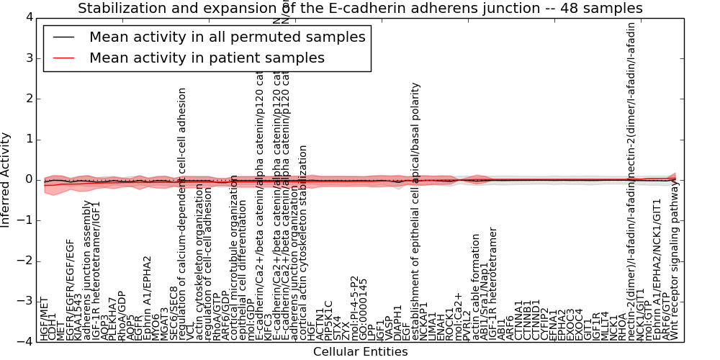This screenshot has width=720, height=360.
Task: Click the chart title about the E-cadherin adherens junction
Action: coord(360,9)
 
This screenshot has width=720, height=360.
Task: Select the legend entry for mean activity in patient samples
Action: coord(207,58)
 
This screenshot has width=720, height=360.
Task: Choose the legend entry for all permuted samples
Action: coord(227,37)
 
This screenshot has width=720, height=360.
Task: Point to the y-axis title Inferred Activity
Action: coord(6,180)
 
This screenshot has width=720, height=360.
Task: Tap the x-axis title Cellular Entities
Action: coord(360,352)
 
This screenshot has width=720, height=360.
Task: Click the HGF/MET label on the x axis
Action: coord(45,318)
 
